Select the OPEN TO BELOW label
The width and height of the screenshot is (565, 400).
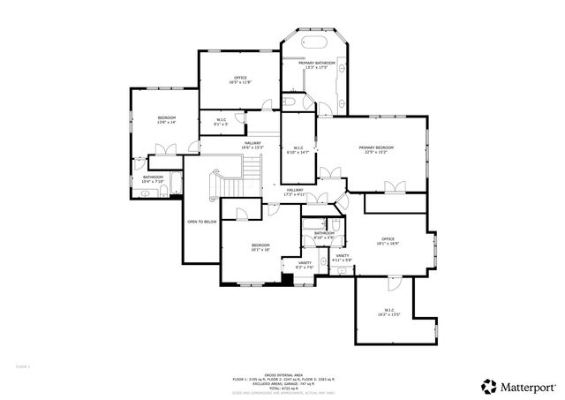pyautogui.click(x=202, y=222)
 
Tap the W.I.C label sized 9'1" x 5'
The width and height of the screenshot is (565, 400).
pyautogui.click(x=221, y=122)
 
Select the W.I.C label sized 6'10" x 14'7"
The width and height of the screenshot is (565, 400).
pyautogui.click(x=298, y=149)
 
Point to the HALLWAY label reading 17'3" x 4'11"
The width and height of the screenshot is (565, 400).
pyautogui.click(x=294, y=191)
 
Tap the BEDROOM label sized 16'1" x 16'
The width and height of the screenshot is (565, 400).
pyautogui.click(x=260, y=246)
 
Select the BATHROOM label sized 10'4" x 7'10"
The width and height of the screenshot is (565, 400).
pyautogui.click(x=153, y=178)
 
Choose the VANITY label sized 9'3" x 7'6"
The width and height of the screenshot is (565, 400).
pyautogui.click(x=305, y=265)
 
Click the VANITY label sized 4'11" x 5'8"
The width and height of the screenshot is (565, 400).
pyautogui.click(x=343, y=257)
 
